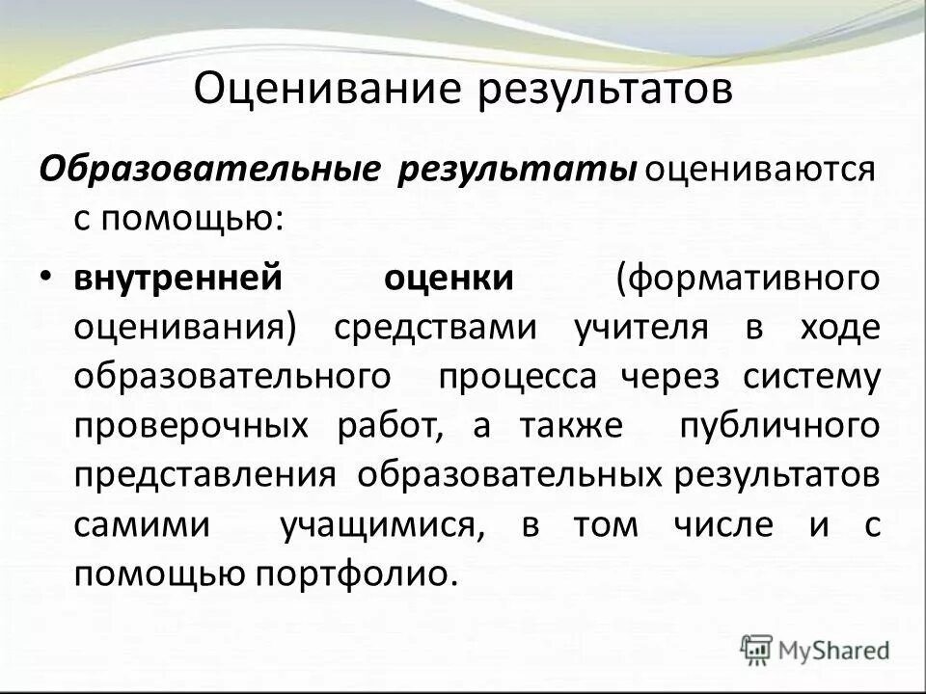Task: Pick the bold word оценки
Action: [x=449, y=279]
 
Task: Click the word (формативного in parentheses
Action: [x=749, y=279]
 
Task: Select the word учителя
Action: [x=640, y=328]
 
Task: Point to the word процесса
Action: [x=517, y=377]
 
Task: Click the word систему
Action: [x=811, y=377]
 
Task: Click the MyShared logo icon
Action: [x=757, y=649]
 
